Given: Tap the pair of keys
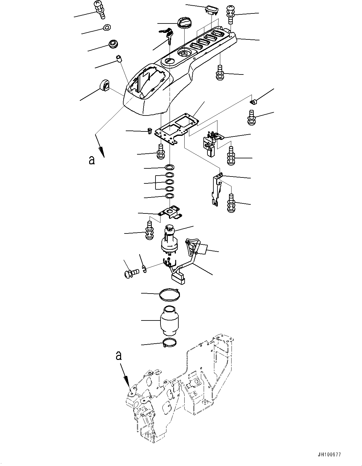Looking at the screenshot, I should tap(167, 34).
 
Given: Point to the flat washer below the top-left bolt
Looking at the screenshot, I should tap(106, 28).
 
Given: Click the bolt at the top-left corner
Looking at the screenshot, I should tap(99, 9).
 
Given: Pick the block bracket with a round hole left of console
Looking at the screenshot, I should tap(105, 85).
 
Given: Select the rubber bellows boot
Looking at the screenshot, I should tap(169, 324).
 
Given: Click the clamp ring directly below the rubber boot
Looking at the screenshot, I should tap(170, 344).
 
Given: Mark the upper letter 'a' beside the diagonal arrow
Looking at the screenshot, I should tap(91, 160).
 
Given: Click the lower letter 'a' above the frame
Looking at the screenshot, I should tap(119, 356).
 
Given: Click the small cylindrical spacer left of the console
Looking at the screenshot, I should tap(119, 59).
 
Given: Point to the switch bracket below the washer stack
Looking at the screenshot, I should tap(171, 212).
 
